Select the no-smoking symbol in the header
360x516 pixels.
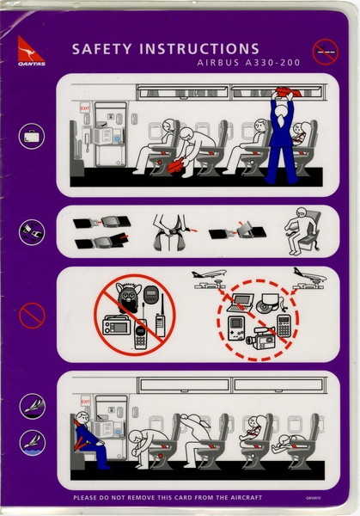(x=325, y=52)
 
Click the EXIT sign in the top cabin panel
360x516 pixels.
(x=85, y=108)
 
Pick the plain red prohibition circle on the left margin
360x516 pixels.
(x=31, y=316)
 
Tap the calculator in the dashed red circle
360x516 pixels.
(x=284, y=326)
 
